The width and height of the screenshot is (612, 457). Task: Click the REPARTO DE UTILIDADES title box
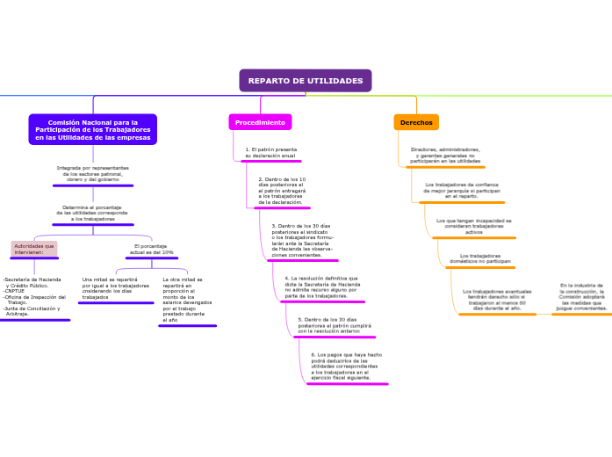[305, 81]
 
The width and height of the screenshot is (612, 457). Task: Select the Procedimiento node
[260, 122]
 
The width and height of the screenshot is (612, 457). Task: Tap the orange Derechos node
[416, 122]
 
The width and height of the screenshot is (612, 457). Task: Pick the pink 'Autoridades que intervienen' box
[34, 249]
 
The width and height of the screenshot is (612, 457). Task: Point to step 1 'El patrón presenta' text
[270, 152]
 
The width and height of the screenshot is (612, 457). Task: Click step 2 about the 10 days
[282, 191]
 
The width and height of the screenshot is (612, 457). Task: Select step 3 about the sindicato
[302, 239]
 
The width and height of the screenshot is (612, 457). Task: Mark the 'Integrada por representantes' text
[92, 173]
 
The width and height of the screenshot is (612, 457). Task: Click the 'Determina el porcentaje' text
[92, 213]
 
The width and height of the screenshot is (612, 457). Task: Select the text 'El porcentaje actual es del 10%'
[151, 249]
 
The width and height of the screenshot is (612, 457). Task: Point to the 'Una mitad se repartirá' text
[116, 288]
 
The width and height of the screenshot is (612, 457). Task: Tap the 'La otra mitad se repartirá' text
[183, 300]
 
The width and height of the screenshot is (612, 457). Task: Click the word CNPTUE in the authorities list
[15, 290]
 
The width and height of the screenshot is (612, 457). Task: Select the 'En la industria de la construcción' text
[581, 297]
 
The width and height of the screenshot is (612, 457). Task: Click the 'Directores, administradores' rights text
[445, 156]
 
